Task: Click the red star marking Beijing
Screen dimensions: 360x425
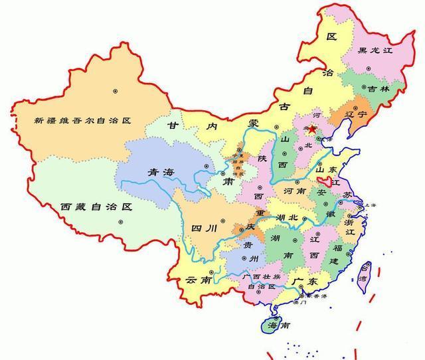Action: pos(313,130)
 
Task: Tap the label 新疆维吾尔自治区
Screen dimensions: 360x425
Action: pos(85,121)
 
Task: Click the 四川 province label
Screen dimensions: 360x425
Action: pos(204,228)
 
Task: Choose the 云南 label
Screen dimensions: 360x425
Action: pos(199,280)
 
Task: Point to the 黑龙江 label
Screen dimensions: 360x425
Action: pos(376,50)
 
